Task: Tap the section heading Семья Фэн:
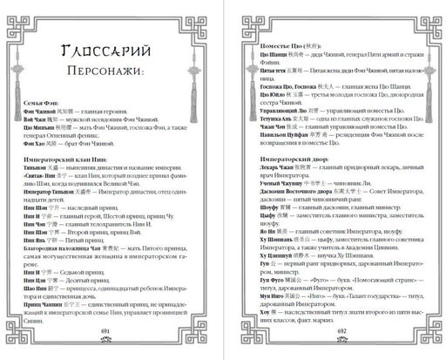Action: coord(38,125)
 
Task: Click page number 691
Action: coord(109,331)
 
